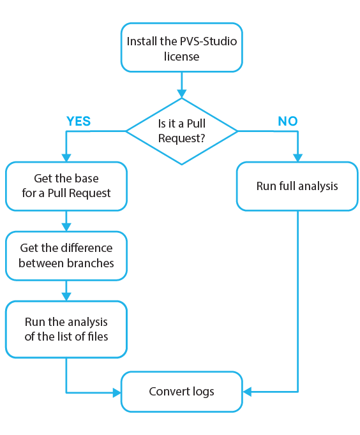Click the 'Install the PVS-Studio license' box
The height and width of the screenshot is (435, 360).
pos(182,48)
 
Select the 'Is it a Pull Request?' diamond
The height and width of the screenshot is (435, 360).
pos(182,131)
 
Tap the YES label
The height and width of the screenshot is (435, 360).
pos(79,121)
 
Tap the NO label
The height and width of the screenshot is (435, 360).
pos(288,121)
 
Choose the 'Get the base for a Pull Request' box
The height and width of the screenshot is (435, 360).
pos(66,186)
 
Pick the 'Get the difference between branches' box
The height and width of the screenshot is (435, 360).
pos(66,255)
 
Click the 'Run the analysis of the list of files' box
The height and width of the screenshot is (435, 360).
pos(66,329)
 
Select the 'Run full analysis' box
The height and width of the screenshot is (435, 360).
pos(297,186)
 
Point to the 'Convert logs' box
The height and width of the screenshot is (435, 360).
pos(182,391)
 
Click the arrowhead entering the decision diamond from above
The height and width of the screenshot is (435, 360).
pos(182,93)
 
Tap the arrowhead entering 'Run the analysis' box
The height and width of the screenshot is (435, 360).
pos(66,297)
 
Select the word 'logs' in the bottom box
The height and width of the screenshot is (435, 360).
pos(202,391)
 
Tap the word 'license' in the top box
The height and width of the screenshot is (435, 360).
pos(182,56)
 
